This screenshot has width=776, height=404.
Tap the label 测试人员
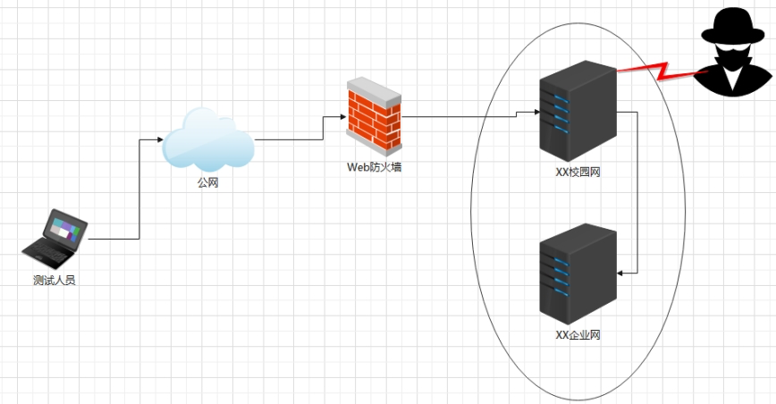click(x=55, y=281)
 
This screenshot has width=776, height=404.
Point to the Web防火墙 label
click(x=374, y=166)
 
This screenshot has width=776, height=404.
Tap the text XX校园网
click(x=578, y=172)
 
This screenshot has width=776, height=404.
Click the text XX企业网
click(x=578, y=335)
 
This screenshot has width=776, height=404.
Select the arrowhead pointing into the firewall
click(x=343, y=116)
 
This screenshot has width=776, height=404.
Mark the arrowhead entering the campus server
click(x=535, y=113)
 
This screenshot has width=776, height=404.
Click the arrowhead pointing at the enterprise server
click(x=622, y=273)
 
